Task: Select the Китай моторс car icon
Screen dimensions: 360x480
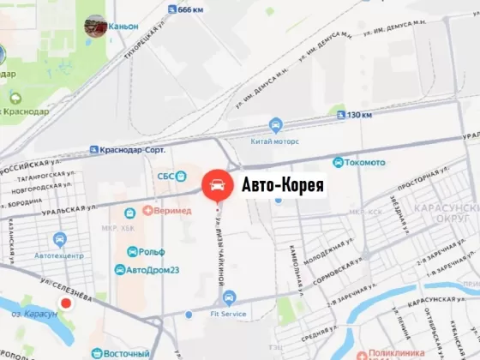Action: pyautogui.click(x=275, y=123)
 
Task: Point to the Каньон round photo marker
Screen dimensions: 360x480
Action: pyautogui.click(x=95, y=26)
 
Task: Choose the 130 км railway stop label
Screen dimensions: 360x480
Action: pyautogui.click(x=359, y=114)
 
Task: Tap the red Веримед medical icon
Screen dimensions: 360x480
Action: pyautogui.click(x=147, y=209)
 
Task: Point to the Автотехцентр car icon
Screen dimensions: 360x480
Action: pyautogui.click(x=59, y=239)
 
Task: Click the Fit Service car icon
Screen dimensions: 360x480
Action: pyautogui.click(x=228, y=298)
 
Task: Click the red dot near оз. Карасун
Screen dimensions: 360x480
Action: pyautogui.click(x=66, y=303)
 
